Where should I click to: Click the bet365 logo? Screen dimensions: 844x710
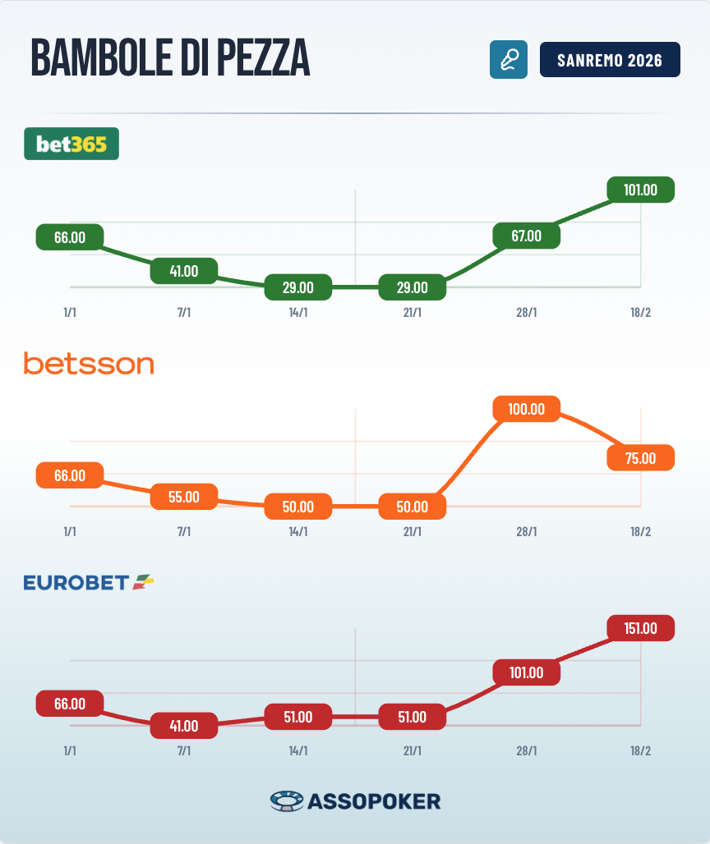point(71,144)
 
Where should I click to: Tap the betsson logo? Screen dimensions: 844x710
point(89,363)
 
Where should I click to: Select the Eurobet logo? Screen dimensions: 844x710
point(89,582)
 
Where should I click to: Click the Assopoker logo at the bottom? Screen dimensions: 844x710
point(355,800)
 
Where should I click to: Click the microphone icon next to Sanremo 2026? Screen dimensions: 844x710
point(508,61)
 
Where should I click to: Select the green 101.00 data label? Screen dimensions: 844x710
point(640,190)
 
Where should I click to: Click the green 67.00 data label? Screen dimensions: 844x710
point(526,236)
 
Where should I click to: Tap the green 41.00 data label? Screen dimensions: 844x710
point(184,270)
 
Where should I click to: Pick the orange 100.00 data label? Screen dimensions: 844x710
point(526,409)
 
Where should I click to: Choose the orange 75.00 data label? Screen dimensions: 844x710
point(640,457)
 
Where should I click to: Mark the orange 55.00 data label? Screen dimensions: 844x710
point(184,497)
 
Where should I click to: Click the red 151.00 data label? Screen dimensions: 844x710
point(640,628)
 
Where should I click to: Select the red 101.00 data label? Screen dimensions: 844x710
point(526,672)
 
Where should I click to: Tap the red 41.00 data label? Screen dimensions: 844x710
point(184,725)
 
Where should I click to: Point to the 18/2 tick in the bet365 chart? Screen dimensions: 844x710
point(640,313)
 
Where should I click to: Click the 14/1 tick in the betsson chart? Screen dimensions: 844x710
point(298,532)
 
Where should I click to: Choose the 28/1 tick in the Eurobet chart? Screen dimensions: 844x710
point(526,751)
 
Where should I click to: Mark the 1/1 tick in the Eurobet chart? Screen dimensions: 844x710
point(70,751)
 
